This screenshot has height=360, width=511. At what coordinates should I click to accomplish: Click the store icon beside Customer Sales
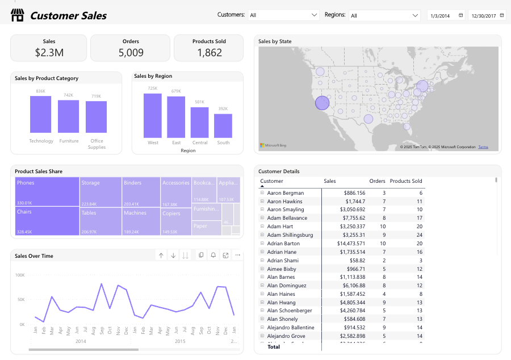[18, 15]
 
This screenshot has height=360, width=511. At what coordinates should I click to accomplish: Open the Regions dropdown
[384, 15]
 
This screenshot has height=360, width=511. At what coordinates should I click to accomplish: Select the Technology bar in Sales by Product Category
[41, 114]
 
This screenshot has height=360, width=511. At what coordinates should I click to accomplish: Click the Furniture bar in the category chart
[69, 116]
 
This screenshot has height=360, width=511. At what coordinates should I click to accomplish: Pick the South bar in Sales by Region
[223, 125]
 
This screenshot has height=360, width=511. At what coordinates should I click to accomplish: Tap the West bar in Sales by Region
[153, 115]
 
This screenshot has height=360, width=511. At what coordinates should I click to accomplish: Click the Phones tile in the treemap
[47, 191]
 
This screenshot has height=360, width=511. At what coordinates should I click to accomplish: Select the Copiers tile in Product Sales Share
[176, 221]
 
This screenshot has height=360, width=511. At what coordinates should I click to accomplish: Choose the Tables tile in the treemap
[100, 221]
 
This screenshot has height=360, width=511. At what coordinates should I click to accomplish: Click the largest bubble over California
[322, 103]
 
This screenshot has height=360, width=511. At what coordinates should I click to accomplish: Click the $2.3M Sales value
[49, 53]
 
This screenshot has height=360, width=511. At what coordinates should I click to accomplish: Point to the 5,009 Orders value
[131, 53]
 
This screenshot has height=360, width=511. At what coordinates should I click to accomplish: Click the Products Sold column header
[405, 181]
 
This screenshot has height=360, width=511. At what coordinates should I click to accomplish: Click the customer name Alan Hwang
[282, 303]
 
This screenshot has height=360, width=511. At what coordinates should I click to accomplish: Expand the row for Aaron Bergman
[262, 193]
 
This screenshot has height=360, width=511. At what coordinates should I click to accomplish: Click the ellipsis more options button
[237, 256]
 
